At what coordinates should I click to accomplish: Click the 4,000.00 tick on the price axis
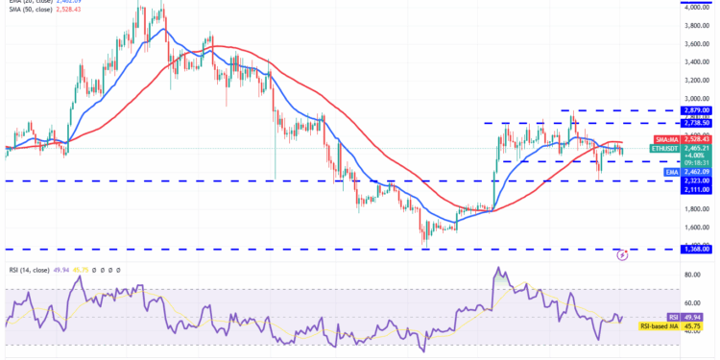[x=696, y=7]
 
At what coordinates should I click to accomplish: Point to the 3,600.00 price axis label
[x=696, y=43]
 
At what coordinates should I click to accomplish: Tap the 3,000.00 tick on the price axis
[x=696, y=98]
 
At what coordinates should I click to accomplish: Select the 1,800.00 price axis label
[x=696, y=208]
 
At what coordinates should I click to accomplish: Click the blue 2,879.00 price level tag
[x=696, y=111]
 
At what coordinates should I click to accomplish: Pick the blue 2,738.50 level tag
[x=696, y=123]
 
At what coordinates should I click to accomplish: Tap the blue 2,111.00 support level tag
[x=696, y=190]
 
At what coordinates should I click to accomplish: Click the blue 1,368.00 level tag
[x=696, y=249]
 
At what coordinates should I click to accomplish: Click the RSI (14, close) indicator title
[x=27, y=270]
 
